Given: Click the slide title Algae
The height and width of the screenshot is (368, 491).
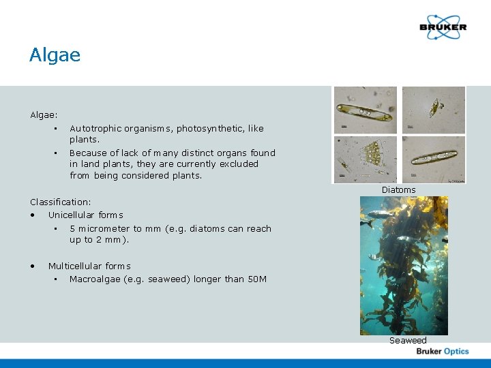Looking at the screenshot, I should point(55,55).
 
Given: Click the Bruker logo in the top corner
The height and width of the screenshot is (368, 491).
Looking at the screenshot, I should point(443,27).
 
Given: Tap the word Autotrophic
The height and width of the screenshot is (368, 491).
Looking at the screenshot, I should point(96,128).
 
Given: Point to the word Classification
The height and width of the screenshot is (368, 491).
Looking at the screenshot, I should point(59,202).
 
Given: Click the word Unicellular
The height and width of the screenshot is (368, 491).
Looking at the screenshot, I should point(72,215).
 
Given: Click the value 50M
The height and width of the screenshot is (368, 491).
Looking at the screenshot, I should point(256,279).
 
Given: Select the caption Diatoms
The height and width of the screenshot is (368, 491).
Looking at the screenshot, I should point(398,189).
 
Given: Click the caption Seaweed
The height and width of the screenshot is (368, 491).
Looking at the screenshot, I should point(408,340).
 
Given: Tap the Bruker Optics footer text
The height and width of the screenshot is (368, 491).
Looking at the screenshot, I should point(443,351).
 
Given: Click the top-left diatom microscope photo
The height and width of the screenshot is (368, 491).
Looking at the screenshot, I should point(365,110).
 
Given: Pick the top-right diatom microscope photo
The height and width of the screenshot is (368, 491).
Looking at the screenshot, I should point(433,110).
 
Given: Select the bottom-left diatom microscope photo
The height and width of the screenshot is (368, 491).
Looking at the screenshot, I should point(365,159).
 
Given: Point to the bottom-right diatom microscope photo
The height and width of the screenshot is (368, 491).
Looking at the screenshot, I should point(433,159).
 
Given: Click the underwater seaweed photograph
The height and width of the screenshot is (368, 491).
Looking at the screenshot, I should point(404,265).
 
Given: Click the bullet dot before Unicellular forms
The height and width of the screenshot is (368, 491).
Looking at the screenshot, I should point(33,215).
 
